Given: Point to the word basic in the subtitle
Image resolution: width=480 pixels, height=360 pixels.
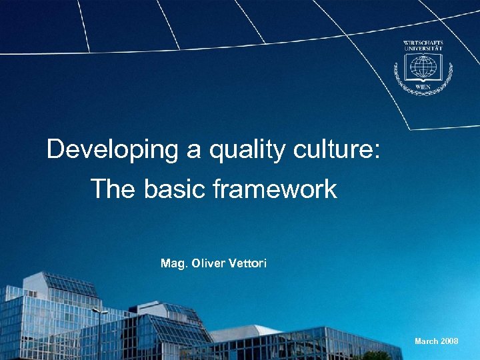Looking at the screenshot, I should [173, 189].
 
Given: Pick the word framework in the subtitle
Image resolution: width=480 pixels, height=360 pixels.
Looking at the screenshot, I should [275, 189].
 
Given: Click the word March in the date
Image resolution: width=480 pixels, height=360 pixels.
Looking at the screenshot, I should [426, 341].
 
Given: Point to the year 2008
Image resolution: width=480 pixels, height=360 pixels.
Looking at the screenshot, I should [449, 341].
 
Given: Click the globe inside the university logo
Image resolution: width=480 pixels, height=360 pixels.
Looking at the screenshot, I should [423, 67].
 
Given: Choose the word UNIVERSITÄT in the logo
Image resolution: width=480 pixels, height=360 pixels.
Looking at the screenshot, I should [423, 49].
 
